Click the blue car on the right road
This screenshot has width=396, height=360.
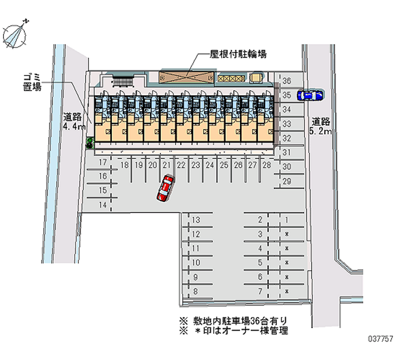(x=309, y=95)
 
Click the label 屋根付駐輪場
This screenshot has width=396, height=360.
(x=238, y=54)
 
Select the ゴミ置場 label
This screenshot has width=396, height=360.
(x=31, y=82)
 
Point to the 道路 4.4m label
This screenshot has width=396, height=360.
(x=72, y=122)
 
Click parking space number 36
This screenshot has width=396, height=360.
(x=287, y=81)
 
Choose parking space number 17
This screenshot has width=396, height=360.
(x=103, y=163)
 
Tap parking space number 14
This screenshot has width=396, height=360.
(x=103, y=205)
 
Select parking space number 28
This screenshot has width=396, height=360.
(x=267, y=165)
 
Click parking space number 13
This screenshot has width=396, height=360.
(x=196, y=220)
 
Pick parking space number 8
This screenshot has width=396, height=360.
(x=196, y=292)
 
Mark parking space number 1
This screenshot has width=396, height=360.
(x=287, y=220)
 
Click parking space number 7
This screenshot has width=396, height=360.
(x=260, y=292)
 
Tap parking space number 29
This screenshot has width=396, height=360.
(x=287, y=182)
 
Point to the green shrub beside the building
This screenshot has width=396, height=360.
(x=90, y=144)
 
